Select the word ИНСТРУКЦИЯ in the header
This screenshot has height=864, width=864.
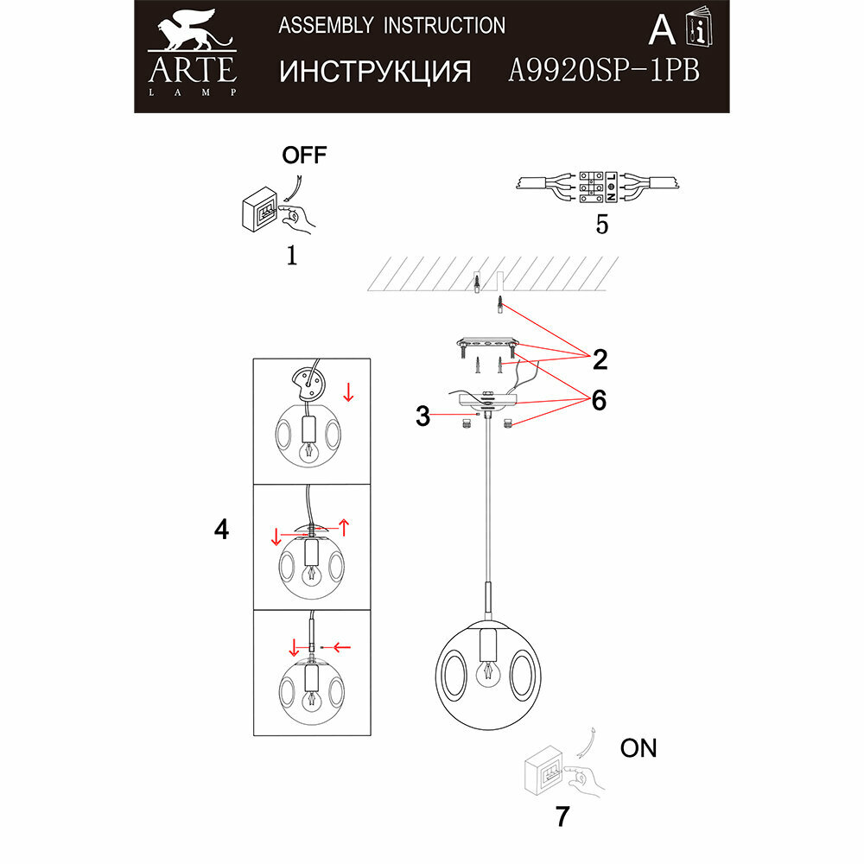click(x=375, y=71)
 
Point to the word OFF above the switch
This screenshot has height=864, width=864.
click(x=305, y=156)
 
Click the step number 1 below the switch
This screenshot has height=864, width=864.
click(x=291, y=256)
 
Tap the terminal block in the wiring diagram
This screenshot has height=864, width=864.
click(x=596, y=187)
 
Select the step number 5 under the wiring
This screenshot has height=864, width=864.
click(x=601, y=225)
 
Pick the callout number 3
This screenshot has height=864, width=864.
click(x=422, y=417)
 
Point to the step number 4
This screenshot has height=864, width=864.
click(x=222, y=530)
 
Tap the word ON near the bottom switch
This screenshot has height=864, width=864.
click(x=638, y=748)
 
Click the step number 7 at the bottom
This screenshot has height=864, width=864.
click(x=562, y=816)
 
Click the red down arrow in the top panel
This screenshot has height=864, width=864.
click(x=347, y=393)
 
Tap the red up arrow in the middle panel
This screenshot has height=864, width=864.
click(x=344, y=525)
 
